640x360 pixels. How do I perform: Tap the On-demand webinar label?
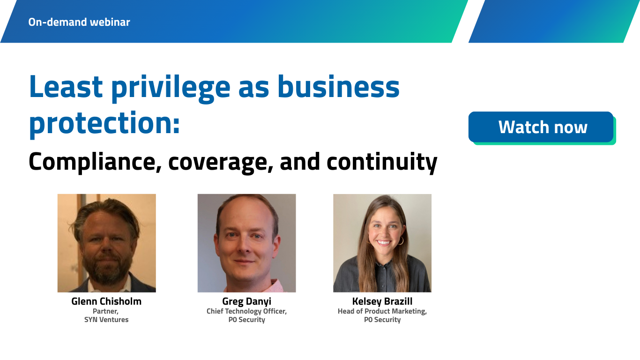coord(79,22)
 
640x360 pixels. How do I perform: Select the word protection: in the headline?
coord(104,124)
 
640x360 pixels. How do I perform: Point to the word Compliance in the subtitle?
coord(92,162)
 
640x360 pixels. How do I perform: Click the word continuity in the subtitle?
coord(381,162)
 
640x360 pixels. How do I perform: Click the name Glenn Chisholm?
coord(106,301)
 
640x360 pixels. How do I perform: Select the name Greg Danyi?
coord(246,301)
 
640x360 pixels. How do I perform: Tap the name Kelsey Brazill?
coord(382,301)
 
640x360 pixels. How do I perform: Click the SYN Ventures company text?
coord(106,320)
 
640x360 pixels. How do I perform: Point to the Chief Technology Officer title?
coord(246,311)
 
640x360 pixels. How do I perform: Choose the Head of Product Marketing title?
coord(382,311)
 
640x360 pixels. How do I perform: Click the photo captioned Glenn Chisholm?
coord(106,243)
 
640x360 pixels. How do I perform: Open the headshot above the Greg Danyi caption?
coord(246,243)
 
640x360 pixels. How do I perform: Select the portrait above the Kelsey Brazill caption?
coord(382,243)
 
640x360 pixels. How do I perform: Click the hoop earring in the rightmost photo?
coord(401,240)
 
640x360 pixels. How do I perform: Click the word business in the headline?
coord(338,88)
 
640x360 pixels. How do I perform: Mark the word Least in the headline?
coord(66,88)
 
